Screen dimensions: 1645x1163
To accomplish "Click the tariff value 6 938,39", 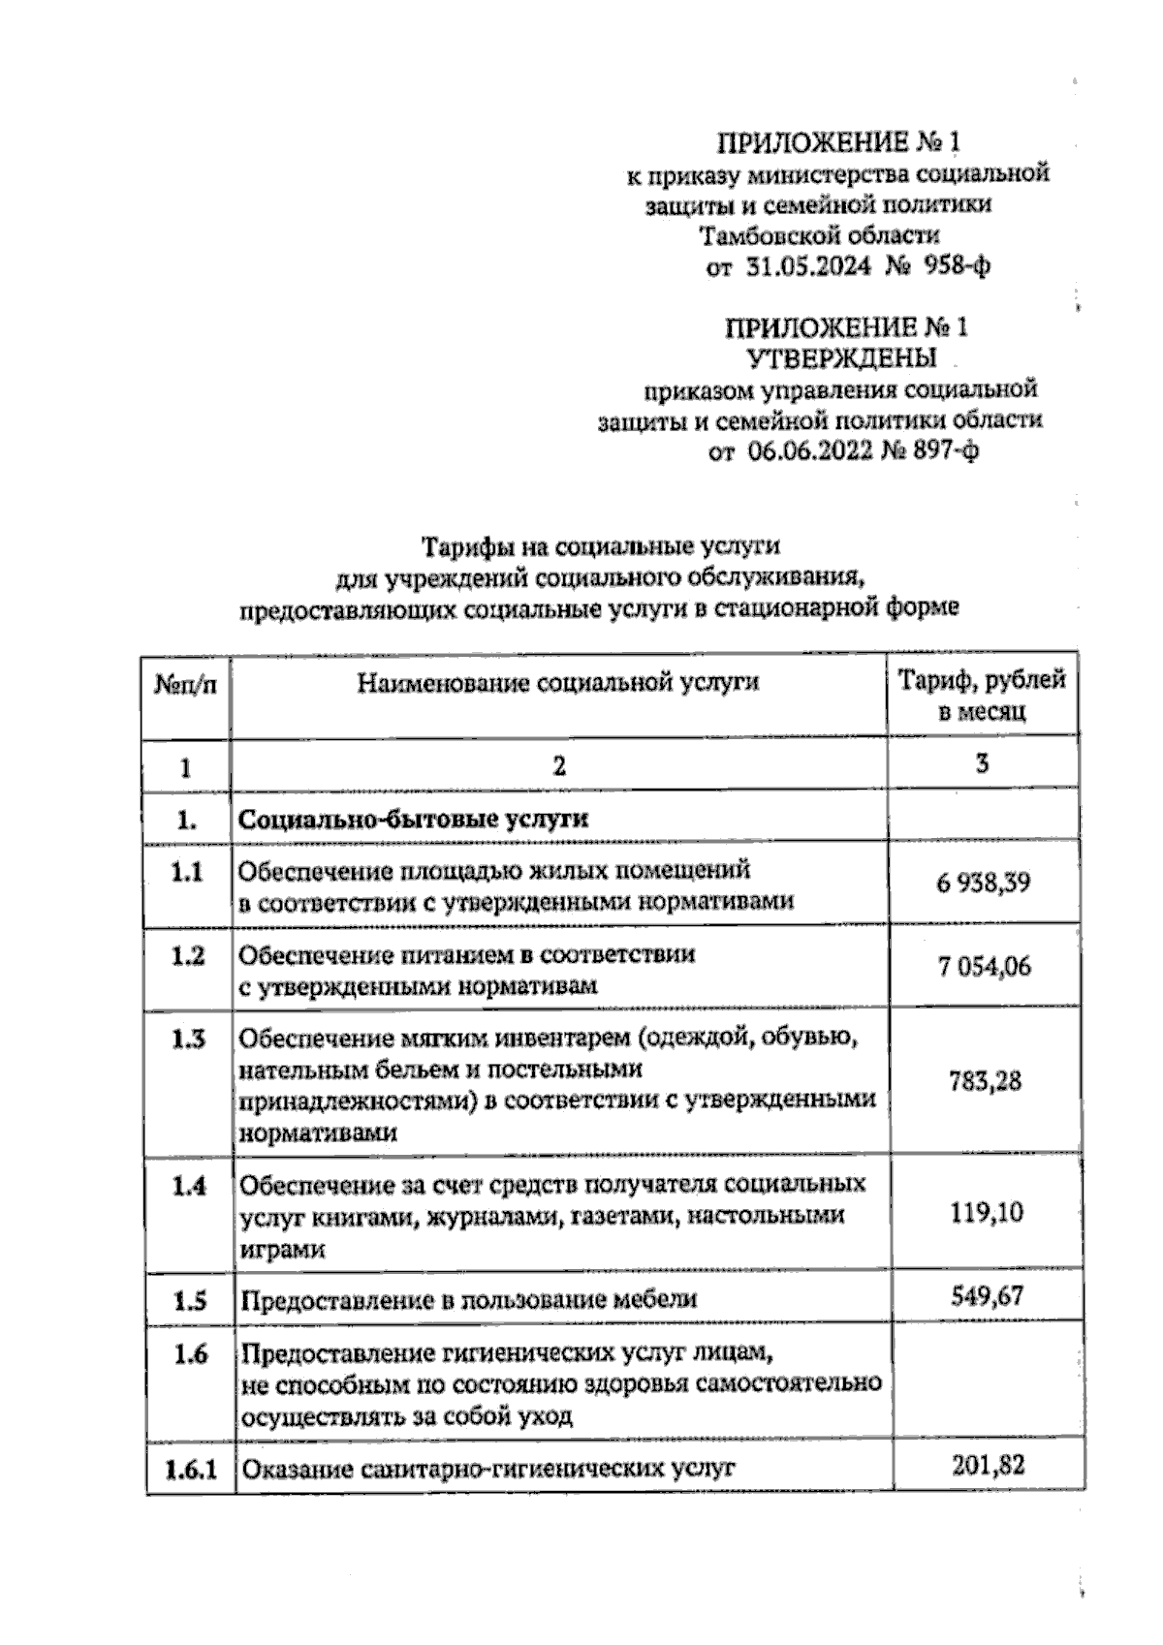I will coord(983,883).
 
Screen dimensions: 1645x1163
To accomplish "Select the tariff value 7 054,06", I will coord(984,967).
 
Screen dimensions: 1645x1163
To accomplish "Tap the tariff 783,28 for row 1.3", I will coord(986,1081).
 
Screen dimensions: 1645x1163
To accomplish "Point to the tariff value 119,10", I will coord(986,1212).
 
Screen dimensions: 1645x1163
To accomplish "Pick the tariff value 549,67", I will coord(987,1295).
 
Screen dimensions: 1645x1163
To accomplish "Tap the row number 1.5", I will coord(189,1300).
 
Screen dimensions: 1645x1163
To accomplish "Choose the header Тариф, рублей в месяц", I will coord(982,696).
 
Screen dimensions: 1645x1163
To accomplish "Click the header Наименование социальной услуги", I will coord(558,683).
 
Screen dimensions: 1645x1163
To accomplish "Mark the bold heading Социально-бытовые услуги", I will coord(414,819).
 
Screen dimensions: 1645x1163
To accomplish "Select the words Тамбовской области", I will coord(819,235).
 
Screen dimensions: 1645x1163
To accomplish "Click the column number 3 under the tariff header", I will coord(982,764).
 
